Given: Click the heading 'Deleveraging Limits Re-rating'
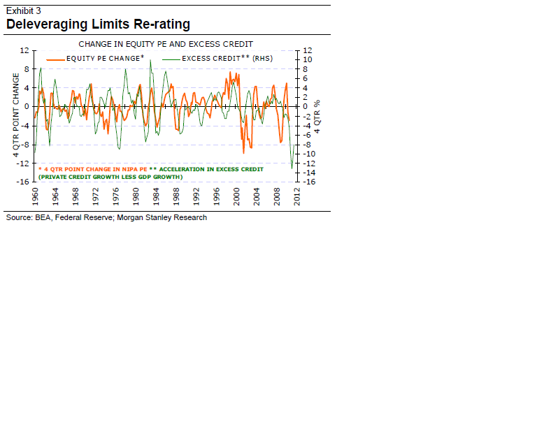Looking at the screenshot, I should pyautogui.click(x=98, y=24).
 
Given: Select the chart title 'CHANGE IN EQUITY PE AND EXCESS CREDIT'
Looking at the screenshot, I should pyautogui.click(x=166, y=44).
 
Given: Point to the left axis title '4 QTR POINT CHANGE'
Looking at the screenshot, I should pyautogui.click(x=16, y=115).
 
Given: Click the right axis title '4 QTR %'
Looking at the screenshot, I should pyautogui.click(x=317, y=116).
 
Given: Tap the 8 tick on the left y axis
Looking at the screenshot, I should pyautogui.click(x=27, y=69).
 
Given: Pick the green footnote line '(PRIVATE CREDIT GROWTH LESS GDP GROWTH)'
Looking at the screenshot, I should pyautogui.click(x=110, y=177).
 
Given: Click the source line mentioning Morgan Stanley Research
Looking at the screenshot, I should pyautogui.click(x=106, y=217).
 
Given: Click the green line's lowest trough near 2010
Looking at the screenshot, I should pyautogui.click(x=292, y=167).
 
